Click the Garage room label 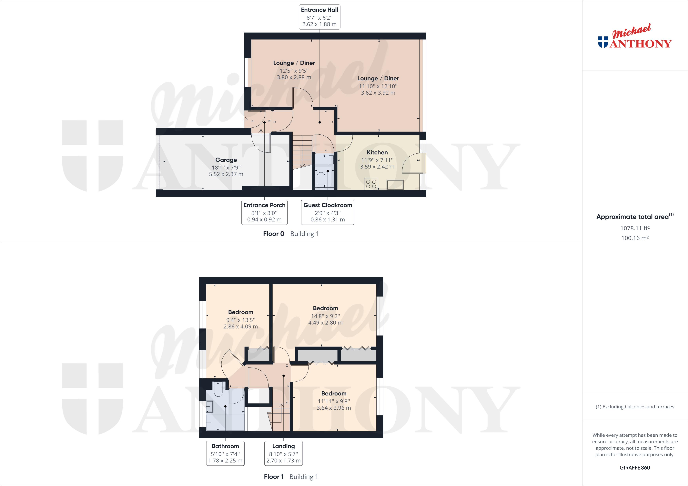226,160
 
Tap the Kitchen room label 377,152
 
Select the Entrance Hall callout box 319,17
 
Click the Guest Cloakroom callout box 328,212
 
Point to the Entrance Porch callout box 264,212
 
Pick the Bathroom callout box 225,453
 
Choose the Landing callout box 283,453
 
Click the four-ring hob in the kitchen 371,184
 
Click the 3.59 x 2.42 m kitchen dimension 377,167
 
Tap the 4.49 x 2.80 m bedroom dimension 325,323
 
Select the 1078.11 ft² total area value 635,228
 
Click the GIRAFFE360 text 635,467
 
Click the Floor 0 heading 274,234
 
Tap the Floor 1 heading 274,477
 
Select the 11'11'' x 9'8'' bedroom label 334,401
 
